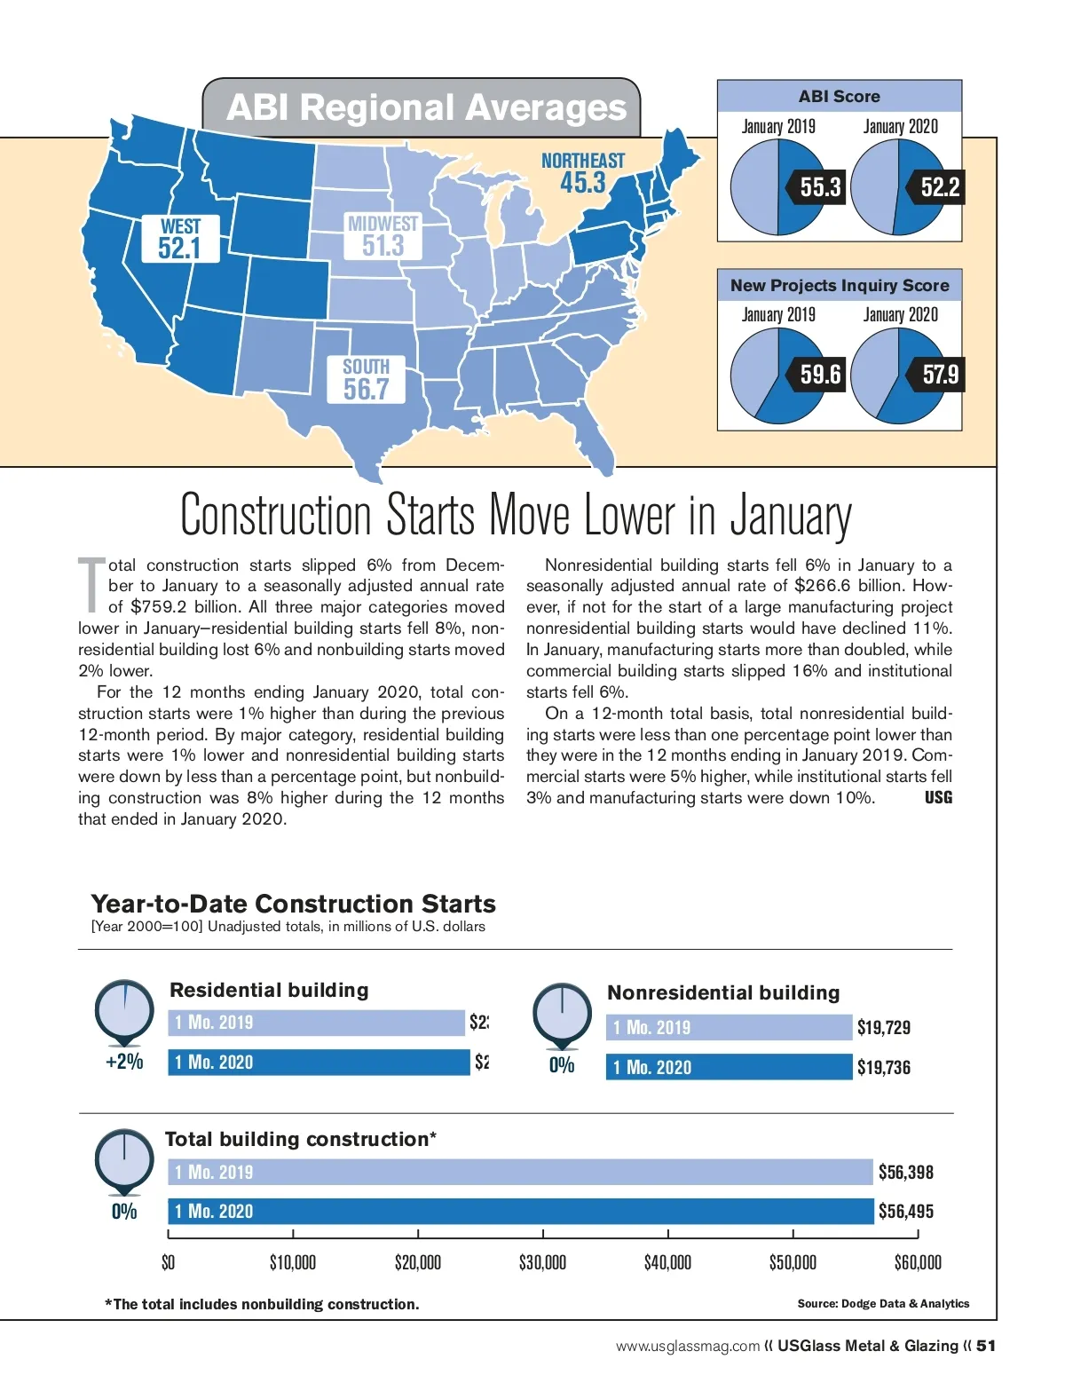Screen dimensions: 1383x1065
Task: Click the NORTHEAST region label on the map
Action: pos(583,161)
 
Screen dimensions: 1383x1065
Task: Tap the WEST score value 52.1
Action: pos(179,249)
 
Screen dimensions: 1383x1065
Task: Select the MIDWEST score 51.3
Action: pos(383,246)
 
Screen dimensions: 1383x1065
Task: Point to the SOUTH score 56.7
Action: pos(366,389)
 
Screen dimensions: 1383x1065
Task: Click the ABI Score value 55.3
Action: pos(819,187)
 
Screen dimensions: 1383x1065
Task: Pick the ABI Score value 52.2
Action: pos(939,187)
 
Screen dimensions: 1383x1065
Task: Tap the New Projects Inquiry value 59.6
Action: pos(819,375)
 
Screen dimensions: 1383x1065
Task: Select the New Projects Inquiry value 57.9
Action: pos(939,375)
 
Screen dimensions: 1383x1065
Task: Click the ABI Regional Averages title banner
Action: pos(425,108)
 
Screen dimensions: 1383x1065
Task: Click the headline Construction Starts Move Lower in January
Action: pos(516,515)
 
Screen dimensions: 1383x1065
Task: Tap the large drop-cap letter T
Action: pos(91,585)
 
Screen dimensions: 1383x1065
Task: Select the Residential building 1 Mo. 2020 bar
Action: pos(319,1063)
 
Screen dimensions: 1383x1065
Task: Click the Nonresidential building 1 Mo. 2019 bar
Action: pos(729,1028)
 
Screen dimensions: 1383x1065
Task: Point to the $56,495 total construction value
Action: pos(905,1212)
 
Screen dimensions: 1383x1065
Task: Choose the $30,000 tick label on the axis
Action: pos(542,1262)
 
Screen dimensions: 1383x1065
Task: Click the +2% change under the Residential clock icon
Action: pos(124,1062)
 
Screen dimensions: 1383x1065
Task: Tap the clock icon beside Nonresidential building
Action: pos(562,1015)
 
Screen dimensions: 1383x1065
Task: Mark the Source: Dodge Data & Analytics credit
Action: pos(883,1304)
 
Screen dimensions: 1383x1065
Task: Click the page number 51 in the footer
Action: pos(986,1346)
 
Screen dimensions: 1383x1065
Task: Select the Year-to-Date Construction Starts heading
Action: pos(293,904)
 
